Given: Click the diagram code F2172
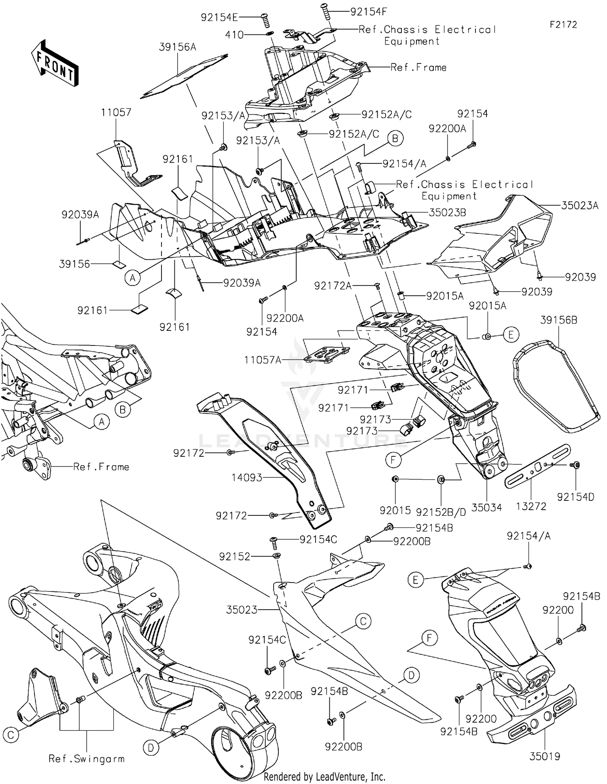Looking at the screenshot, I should (563, 25).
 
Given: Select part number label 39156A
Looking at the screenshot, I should (177, 47).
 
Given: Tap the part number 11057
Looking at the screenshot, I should (116, 112).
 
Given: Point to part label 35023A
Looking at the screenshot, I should (579, 206).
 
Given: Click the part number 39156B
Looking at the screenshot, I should (558, 320).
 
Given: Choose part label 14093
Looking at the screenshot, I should (247, 478).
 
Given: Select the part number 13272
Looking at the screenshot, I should (531, 506).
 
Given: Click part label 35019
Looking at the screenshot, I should (545, 756).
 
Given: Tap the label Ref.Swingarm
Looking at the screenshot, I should (87, 759).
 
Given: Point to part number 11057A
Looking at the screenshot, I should (263, 359).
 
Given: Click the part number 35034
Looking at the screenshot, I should (486, 507).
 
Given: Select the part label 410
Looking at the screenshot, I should (235, 35).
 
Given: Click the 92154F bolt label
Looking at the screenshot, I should (368, 11).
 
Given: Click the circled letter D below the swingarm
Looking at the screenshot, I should (151, 748).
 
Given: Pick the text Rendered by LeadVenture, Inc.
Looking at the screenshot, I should (324, 776).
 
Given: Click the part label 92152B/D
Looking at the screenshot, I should (441, 512).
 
